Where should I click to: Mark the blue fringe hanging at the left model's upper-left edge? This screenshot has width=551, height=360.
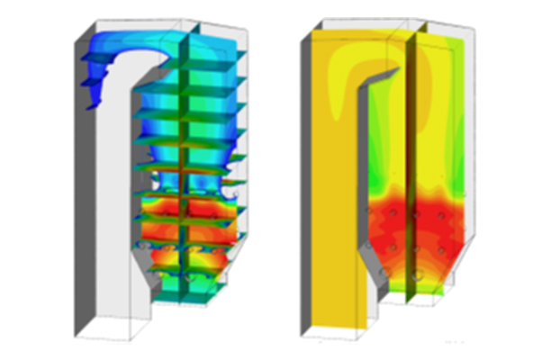(x=90, y=72)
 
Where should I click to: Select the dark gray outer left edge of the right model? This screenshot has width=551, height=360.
(x=306, y=180)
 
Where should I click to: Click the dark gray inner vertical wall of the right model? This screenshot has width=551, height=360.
(x=363, y=180)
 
